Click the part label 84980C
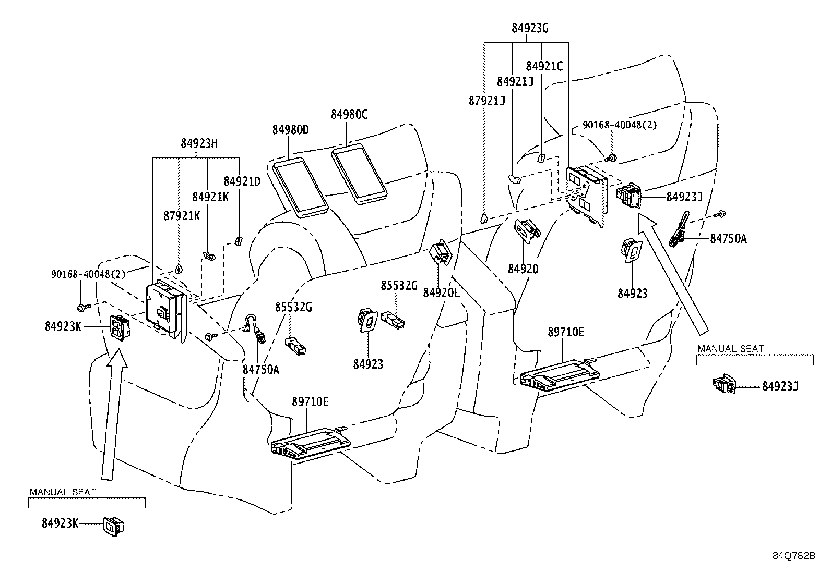[349, 115]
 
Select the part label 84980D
[290, 130]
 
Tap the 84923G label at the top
[530, 28]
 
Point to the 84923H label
[199, 143]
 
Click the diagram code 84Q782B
[794, 556]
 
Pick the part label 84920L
[442, 293]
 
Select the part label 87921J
[486, 101]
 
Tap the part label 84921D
[242, 181]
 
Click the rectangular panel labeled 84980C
[359, 174]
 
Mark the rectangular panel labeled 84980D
[301, 188]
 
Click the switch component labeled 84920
[527, 230]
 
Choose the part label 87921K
[182, 215]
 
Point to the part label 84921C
[544, 66]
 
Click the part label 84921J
[515, 81]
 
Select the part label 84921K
[210, 197]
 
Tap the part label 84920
[523, 269]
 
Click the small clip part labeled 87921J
[484, 218]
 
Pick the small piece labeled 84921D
[239, 241]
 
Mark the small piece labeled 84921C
[541, 159]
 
